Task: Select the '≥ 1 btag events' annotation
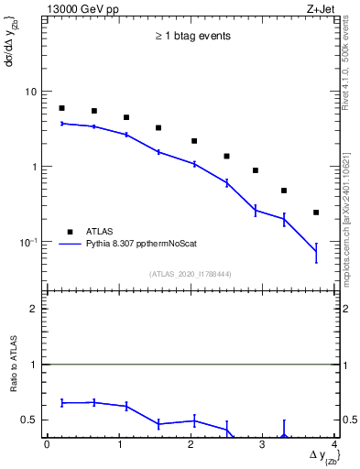(192, 37)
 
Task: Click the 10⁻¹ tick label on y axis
(30, 242)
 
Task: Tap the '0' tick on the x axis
(47, 445)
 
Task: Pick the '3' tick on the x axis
(263, 445)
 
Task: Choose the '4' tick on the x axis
(334, 445)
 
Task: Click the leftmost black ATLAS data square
(61, 108)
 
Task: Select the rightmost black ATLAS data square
(316, 213)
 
